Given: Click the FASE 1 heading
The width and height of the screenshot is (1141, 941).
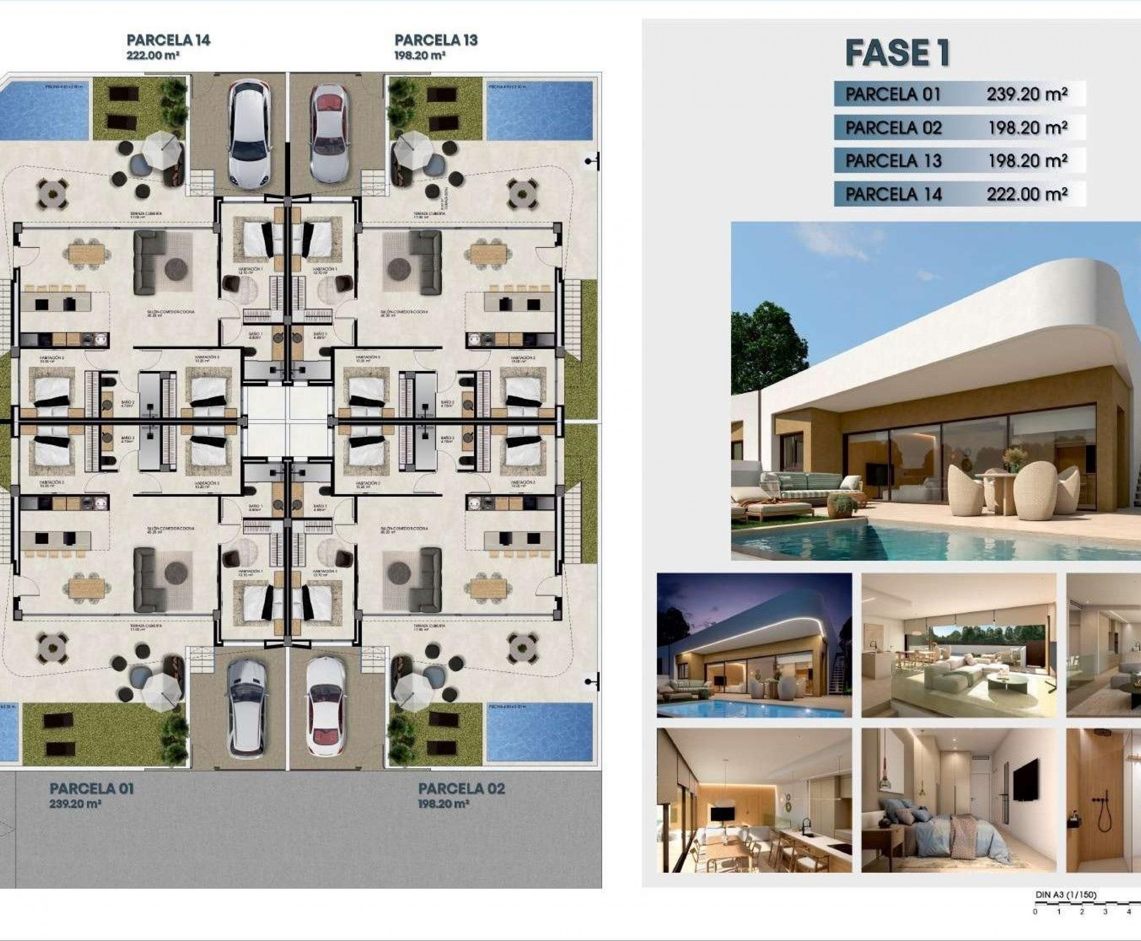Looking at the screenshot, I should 897,53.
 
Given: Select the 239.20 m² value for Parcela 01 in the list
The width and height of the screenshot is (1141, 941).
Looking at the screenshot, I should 1027,94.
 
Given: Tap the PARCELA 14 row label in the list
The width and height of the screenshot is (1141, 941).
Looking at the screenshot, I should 893,194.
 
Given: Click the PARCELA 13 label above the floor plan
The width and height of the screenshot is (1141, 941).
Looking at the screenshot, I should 436,40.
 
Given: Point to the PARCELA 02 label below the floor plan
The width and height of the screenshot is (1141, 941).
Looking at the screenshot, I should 461,788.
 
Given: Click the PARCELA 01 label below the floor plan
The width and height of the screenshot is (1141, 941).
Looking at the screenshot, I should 92,788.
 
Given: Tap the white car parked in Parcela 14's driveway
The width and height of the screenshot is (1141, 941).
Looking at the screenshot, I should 248,134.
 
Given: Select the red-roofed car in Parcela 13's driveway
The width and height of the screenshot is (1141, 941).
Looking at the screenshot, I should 327,134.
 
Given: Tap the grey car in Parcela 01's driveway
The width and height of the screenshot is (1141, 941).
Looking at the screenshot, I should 247,707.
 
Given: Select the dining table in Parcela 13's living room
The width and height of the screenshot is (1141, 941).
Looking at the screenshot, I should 488,253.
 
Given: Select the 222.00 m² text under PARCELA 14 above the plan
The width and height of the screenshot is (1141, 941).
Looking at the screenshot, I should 153,55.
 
